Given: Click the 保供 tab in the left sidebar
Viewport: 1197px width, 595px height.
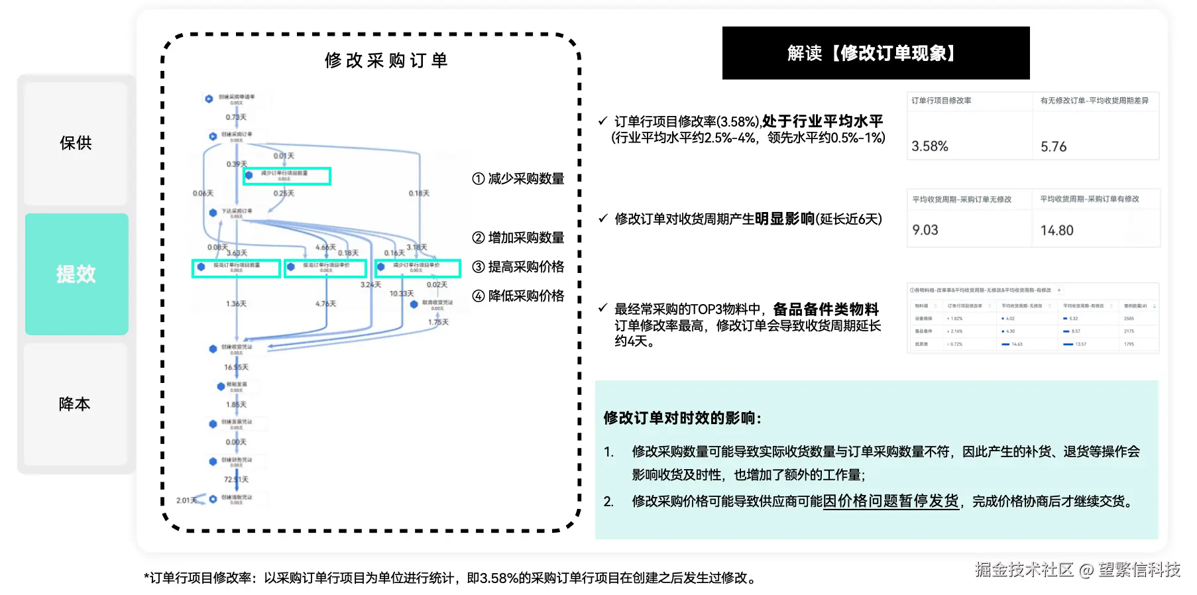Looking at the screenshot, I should tap(76, 143).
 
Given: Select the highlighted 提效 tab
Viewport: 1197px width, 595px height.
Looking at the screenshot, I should tap(76, 274).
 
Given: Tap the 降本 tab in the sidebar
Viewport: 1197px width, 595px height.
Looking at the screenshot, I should tap(75, 404).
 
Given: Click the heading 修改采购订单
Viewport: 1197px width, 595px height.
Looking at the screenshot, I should tap(386, 61).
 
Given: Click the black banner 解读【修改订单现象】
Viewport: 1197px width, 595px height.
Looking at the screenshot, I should tap(875, 53).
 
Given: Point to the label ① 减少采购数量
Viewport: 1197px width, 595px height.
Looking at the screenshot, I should tap(518, 179).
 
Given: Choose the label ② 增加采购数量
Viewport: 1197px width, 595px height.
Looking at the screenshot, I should tap(518, 238).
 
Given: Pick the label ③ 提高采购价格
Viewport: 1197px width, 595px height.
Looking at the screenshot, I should tap(518, 267).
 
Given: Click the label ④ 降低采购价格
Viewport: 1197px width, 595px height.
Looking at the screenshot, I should tap(518, 296).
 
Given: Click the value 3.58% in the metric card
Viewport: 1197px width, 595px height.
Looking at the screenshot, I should tap(930, 146).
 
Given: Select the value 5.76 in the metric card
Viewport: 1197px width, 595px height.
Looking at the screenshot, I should tap(1053, 146).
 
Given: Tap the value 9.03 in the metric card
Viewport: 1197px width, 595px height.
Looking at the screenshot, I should tap(925, 230).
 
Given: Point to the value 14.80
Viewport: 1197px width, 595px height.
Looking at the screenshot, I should tap(1056, 231).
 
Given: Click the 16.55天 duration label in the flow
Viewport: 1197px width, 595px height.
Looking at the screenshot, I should tap(236, 367).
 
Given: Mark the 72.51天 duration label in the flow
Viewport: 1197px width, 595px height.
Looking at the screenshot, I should tap(236, 479).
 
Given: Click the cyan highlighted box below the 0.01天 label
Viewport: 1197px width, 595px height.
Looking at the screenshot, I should tap(287, 176).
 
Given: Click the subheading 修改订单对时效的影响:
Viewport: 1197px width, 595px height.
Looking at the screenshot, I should tap(682, 418).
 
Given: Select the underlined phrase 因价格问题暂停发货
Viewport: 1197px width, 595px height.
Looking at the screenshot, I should tap(891, 501).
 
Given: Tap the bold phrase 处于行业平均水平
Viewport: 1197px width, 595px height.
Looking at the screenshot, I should tap(823, 121).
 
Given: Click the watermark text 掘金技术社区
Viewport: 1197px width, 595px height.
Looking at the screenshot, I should tap(1024, 570).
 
